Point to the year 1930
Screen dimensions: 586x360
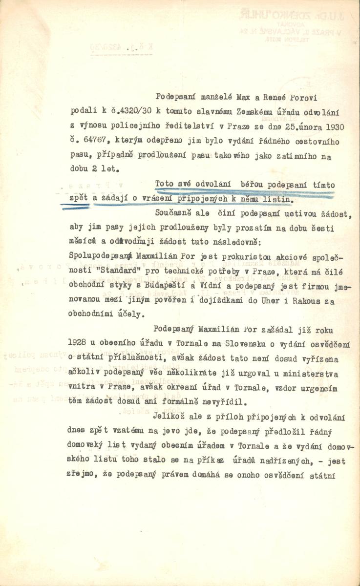pos(335,126)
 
